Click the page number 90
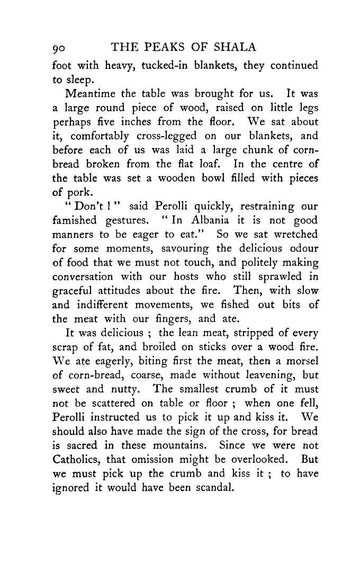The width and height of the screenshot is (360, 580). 62,48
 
